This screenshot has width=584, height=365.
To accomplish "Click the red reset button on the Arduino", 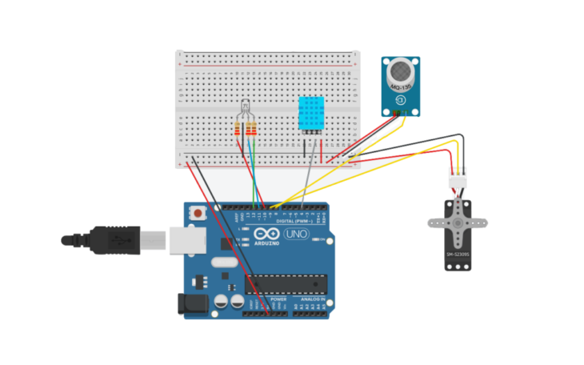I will pyautogui.click(x=197, y=214).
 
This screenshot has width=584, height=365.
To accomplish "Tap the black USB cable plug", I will pyautogui.click(x=112, y=239).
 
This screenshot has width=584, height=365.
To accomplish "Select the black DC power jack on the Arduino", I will pyautogui.click(x=189, y=303).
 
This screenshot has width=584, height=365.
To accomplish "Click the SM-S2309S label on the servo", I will pyautogui.click(x=457, y=255).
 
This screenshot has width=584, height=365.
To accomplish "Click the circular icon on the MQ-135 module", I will pyautogui.click(x=400, y=100).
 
